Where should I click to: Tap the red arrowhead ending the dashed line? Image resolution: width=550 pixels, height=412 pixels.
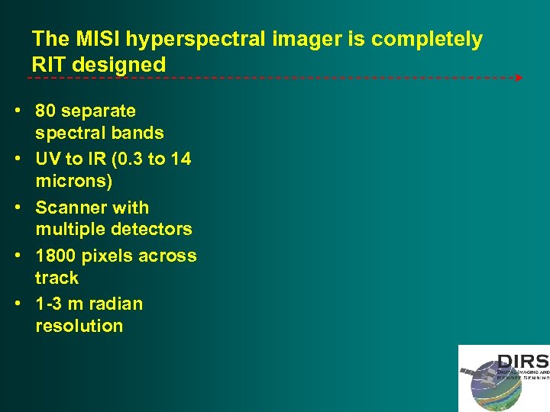coord(519,78)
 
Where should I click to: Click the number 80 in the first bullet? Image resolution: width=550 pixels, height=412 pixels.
coord(46,111)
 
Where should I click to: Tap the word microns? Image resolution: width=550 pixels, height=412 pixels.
coord(73,182)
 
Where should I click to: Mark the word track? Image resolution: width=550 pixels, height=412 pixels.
coord(57,278)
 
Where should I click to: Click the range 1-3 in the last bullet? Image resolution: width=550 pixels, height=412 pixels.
coord(49,304)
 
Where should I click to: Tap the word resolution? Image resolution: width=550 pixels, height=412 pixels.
coord(79,326)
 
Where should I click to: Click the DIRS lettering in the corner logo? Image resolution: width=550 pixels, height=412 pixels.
coord(522,361)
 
